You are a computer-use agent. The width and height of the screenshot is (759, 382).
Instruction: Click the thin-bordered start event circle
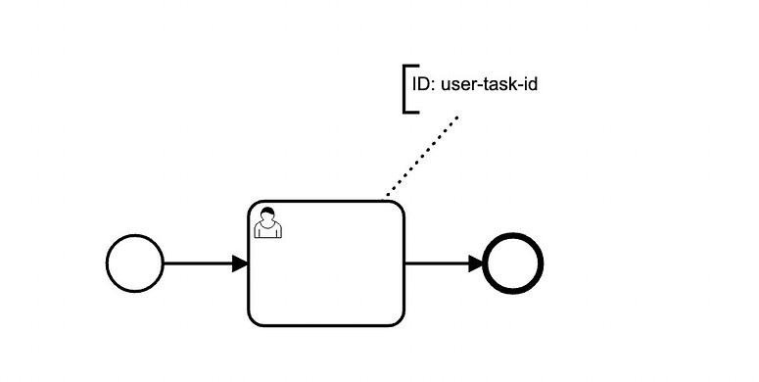pyautogui.click(x=134, y=263)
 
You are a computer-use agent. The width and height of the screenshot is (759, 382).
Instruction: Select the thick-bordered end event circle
pyautogui.click(x=513, y=263)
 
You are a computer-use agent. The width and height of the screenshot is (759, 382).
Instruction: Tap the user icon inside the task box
pyautogui.click(x=267, y=224)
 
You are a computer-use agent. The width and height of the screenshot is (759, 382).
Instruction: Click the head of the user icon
pyautogui.click(x=267, y=215)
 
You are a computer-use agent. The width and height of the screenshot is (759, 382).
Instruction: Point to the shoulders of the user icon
pyautogui.click(x=267, y=232)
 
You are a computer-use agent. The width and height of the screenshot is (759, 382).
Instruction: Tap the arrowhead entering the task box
pyautogui.click(x=240, y=263)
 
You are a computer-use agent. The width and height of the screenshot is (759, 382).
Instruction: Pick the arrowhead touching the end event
pyautogui.click(x=477, y=263)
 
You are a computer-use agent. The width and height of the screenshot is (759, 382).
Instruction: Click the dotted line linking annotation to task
pyautogui.click(x=422, y=157)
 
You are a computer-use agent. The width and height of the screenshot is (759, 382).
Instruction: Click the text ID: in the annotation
pyautogui.click(x=423, y=85)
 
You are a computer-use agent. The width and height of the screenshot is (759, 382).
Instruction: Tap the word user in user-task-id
pyautogui.click(x=460, y=85)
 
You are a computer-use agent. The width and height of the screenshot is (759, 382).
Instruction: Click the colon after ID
pyautogui.click(x=435, y=86)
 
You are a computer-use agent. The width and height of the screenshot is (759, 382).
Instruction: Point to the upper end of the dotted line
pyautogui.click(x=456, y=118)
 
